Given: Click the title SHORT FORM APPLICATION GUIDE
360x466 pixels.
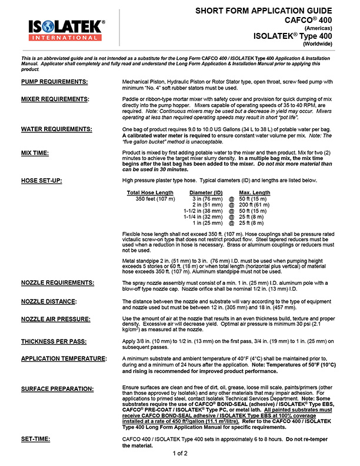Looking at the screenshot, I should (x=270, y=11).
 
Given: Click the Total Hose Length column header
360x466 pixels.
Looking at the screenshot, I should (x=150, y=192).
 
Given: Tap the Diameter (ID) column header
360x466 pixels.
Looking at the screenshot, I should (x=206, y=192).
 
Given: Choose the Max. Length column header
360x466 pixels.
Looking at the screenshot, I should (x=255, y=192).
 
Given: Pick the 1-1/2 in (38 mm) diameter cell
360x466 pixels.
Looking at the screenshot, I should (x=203, y=211).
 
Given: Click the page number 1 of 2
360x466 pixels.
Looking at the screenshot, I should (x=180, y=454).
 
